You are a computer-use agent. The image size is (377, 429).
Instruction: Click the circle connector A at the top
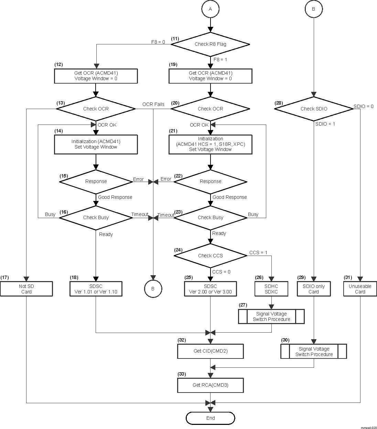(x=210, y=9)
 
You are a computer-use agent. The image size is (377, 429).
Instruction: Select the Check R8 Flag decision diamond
(x=210, y=44)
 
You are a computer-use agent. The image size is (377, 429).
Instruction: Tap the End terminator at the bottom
(x=210, y=418)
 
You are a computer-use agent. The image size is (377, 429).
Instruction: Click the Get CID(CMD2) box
(x=210, y=351)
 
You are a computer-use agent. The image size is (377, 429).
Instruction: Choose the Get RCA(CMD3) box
(x=210, y=385)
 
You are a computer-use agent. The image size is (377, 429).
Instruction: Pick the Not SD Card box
(x=26, y=289)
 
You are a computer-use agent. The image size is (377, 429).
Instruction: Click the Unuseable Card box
(x=360, y=289)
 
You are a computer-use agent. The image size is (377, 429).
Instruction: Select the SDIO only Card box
(x=313, y=289)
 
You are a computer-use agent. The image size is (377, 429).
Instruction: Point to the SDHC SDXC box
(x=271, y=289)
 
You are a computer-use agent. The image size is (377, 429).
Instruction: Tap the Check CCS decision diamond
(x=210, y=256)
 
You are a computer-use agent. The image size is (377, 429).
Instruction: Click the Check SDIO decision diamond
(x=314, y=109)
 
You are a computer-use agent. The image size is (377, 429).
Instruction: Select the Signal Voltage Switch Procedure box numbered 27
(x=271, y=317)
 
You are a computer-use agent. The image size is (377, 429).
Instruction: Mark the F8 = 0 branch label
(x=158, y=42)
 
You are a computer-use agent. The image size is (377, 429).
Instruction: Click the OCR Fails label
(x=153, y=104)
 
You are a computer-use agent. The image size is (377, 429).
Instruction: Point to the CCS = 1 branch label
(x=258, y=253)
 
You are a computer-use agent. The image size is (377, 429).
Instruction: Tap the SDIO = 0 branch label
(x=364, y=106)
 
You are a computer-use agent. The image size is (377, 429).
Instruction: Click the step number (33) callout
(x=182, y=374)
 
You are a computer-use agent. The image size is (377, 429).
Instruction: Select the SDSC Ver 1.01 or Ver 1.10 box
(x=96, y=289)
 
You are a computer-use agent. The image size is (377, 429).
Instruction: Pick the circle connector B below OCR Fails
(x=153, y=289)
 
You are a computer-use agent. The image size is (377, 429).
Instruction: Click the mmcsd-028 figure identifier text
(x=368, y=427)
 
